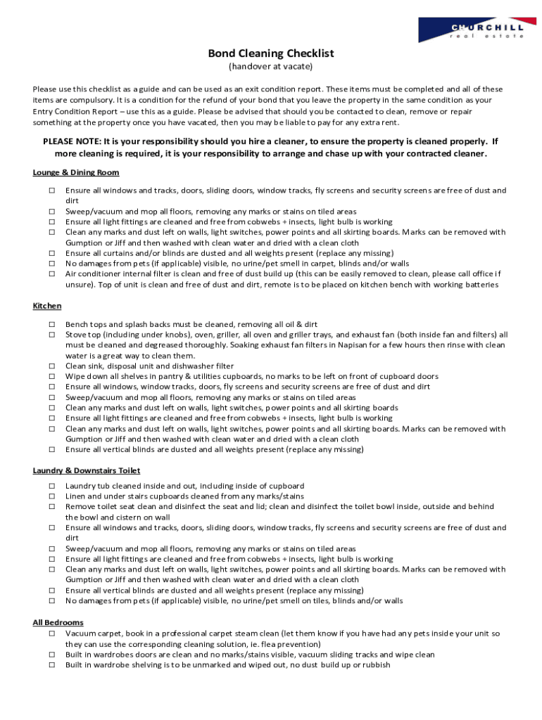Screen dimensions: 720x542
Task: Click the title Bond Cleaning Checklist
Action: [270, 53]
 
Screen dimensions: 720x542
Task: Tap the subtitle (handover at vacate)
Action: [270, 67]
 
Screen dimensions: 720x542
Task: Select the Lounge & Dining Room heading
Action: [76, 172]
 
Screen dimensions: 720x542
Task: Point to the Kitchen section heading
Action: [47, 306]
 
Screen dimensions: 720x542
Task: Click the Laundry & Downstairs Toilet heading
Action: [87, 470]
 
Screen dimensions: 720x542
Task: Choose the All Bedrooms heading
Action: [58, 622]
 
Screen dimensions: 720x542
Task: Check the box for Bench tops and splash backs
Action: [52, 325]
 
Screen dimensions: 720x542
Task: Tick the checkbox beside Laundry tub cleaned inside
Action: [52, 486]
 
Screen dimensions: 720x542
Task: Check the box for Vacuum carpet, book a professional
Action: [52, 634]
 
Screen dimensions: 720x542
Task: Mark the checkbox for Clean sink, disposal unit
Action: [52, 366]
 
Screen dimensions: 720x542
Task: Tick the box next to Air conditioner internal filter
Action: [52, 274]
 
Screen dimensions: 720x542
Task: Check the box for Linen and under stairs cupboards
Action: [52, 496]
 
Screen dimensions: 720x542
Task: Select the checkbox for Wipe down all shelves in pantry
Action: [52, 377]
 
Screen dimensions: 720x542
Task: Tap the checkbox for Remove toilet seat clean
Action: [52, 507]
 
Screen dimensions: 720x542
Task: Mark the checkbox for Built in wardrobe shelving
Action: [52, 665]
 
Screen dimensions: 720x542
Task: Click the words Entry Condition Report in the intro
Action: [74, 111]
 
